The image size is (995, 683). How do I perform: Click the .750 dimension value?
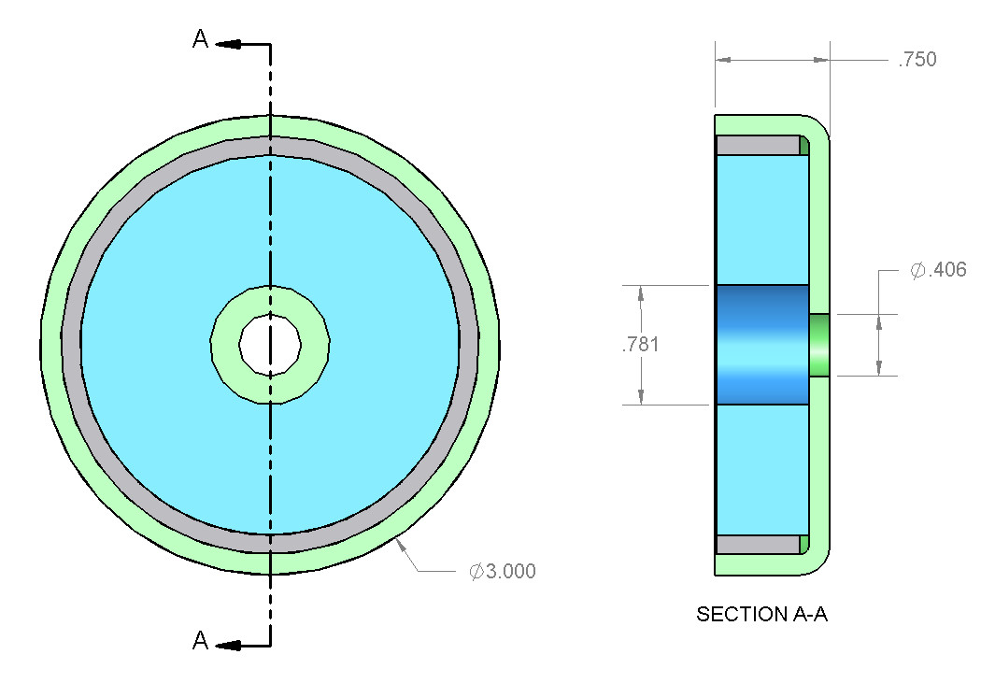pos(917,60)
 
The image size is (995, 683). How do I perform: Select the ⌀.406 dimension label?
pos(938,270)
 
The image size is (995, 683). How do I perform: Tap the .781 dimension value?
pos(640,345)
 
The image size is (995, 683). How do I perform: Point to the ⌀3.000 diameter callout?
pos(503,571)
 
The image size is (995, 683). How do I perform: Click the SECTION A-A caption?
pos(762,615)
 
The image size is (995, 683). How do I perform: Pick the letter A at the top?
pos(200,39)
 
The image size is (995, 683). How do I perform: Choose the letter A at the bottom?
pos(200,641)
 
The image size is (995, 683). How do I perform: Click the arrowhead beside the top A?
pos(230,43)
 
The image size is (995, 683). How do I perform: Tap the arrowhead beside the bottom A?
pos(230,645)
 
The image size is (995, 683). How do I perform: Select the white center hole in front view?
pos(270,344)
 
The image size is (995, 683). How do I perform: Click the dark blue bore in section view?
pos(761,345)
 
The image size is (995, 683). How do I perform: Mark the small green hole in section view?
pos(819,345)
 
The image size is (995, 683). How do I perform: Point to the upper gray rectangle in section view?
pos(758,146)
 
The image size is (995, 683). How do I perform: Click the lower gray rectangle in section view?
pos(758,544)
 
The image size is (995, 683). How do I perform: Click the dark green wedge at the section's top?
pos(803,145)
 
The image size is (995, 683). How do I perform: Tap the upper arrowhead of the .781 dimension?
pos(641,292)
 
